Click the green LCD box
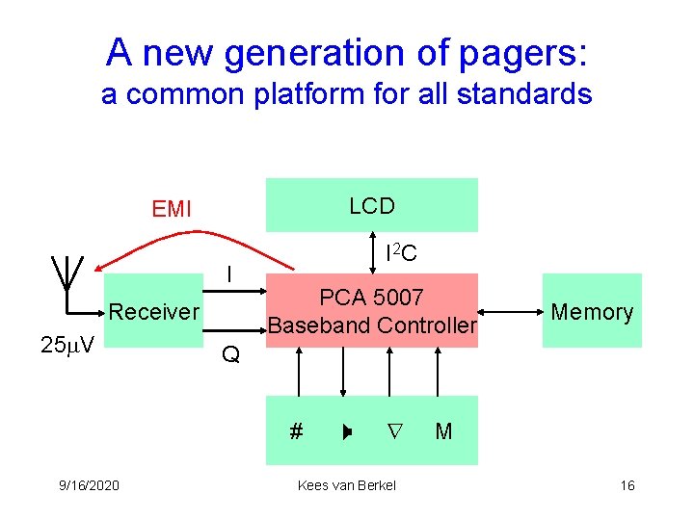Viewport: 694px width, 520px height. (x=372, y=205)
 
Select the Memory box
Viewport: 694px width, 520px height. (x=591, y=311)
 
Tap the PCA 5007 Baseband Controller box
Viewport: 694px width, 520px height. (x=372, y=310)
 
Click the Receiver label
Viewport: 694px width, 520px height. (x=154, y=311)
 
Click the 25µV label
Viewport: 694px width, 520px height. (x=67, y=345)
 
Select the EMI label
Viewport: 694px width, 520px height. (x=172, y=208)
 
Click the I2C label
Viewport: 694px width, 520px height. (x=400, y=254)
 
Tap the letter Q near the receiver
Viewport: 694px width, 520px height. (x=229, y=355)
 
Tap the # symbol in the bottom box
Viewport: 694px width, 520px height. (x=296, y=431)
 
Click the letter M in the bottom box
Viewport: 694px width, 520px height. (x=443, y=431)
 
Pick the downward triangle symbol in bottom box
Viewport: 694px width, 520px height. (x=393, y=431)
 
